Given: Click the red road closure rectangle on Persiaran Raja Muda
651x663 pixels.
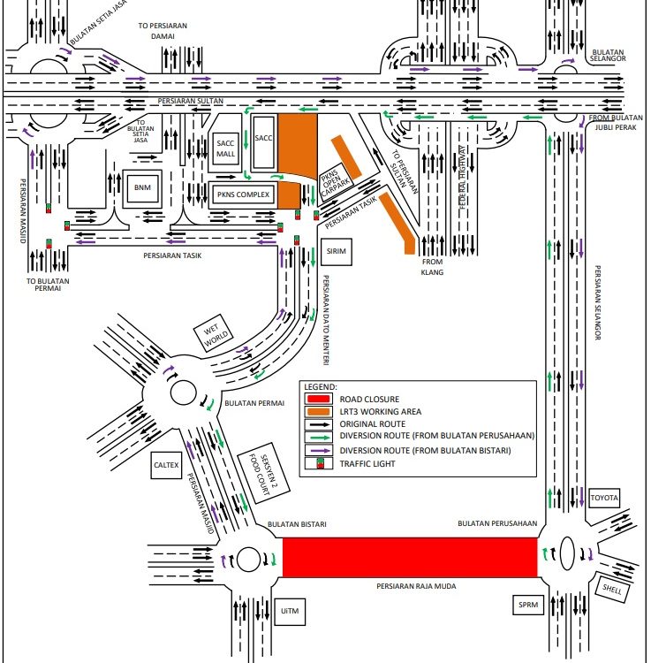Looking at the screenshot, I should click(409, 558).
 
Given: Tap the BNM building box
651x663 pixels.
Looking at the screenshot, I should click(141, 187).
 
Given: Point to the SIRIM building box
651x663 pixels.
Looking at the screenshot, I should click(335, 251).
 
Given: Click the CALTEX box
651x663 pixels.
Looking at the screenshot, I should click(167, 465).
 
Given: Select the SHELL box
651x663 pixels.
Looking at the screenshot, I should click(612, 586).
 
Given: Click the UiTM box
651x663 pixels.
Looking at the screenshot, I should click(290, 611).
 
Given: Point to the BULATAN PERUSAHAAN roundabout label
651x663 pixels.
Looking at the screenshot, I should click(497, 523).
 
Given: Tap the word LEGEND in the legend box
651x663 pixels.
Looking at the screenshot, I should click(321, 386).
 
